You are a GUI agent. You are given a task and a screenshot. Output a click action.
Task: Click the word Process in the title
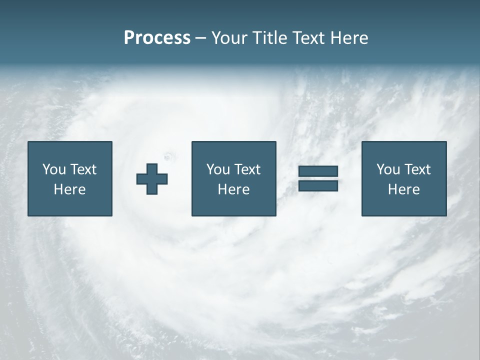(x=157, y=38)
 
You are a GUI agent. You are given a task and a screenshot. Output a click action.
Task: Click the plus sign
(x=152, y=179)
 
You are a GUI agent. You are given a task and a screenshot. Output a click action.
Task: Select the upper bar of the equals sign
(x=318, y=171)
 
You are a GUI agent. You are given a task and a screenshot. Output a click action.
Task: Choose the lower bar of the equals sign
(x=318, y=185)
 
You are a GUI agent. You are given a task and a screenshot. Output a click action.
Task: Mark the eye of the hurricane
(x=167, y=156)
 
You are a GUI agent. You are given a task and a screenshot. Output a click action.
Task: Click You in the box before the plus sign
(x=54, y=169)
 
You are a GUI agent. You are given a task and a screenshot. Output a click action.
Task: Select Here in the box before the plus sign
(x=69, y=189)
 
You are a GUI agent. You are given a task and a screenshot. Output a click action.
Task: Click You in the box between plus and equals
(x=218, y=169)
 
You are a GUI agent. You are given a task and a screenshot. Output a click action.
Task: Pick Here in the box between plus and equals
(x=233, y=189)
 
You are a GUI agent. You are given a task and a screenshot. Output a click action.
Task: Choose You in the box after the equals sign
(x=388, y=169)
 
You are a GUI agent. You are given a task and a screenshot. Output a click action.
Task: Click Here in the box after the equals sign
(x=403, y=189)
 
